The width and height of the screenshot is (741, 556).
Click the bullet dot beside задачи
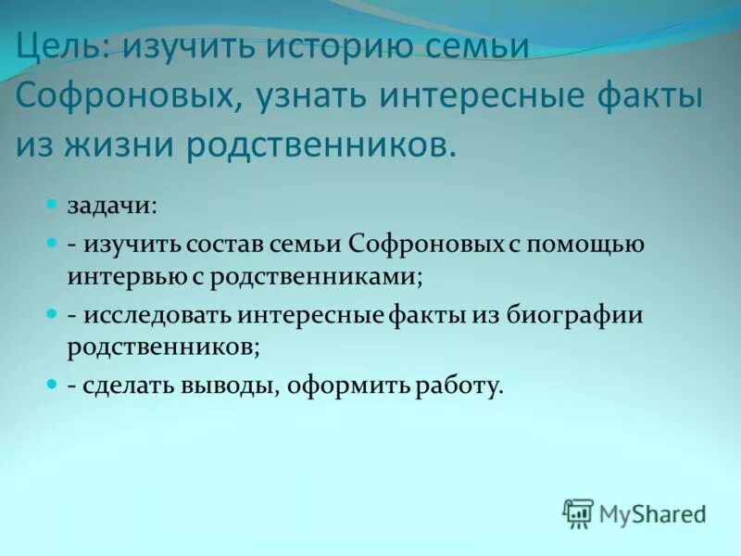click(x=52, y=202)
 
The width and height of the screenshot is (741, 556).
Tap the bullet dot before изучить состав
click(x=52, y=244)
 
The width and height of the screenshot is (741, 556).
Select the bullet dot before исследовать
click(x=52, y=314)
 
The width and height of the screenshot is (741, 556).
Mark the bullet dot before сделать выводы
click(x=52, y=382)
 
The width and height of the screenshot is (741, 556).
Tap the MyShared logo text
click(x=652, y=512)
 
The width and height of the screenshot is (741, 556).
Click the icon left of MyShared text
click(x=578, y=512)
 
